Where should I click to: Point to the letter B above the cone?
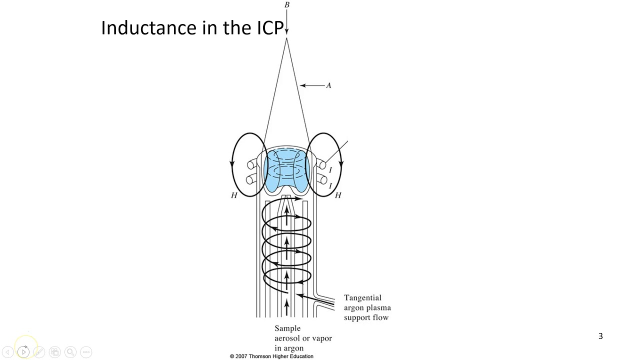coord(286,5)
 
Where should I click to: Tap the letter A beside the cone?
coord(328,85)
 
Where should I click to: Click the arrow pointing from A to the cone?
coord(312,85)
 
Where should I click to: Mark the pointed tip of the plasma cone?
coord(286,39)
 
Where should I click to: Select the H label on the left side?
coord(233,195)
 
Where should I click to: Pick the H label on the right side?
coord(338,195)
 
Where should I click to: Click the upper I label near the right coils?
coord(330,170)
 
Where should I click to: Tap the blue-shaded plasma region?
coord(286,170)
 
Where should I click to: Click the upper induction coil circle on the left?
coord(250,165)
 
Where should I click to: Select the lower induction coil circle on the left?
coord(250,180)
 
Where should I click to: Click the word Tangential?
coord(362,298)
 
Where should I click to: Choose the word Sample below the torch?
coord(287,328)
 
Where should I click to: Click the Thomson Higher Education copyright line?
coord(271,356)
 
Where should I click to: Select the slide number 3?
coord(600,336)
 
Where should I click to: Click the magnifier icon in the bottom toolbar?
coord(70,352)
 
